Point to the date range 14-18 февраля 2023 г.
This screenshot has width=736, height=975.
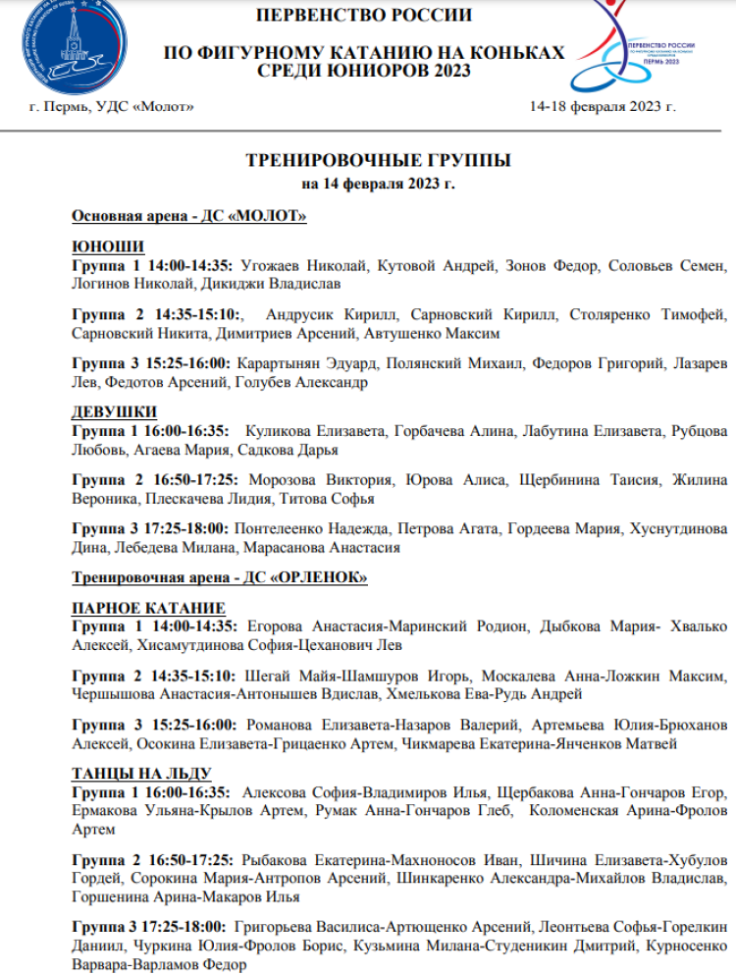[603, 105]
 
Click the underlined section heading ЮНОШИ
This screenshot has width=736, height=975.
[108, 246]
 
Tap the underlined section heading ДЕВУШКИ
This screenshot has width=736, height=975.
[115, 411]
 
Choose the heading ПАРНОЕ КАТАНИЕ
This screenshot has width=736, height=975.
[148, 608]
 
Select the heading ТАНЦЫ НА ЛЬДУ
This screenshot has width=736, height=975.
[141, 773]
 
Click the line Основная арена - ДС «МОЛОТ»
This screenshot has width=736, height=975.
[189, 216]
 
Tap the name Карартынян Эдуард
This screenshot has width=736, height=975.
[308, 364]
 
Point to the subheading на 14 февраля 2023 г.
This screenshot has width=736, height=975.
[378, 184]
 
